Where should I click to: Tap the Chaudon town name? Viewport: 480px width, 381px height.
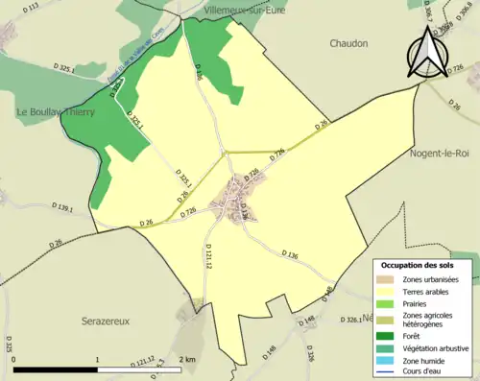348,43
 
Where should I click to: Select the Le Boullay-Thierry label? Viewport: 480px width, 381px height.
56,111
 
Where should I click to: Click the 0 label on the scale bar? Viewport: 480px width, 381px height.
14,359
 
